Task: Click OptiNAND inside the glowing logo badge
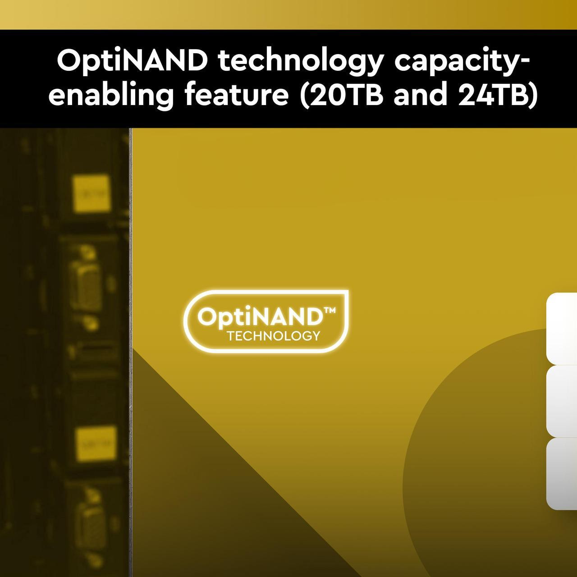260,317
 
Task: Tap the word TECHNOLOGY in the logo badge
274,336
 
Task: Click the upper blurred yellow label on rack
92,194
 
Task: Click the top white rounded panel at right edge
562,328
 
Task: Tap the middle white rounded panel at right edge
562,401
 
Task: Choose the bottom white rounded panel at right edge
562,473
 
